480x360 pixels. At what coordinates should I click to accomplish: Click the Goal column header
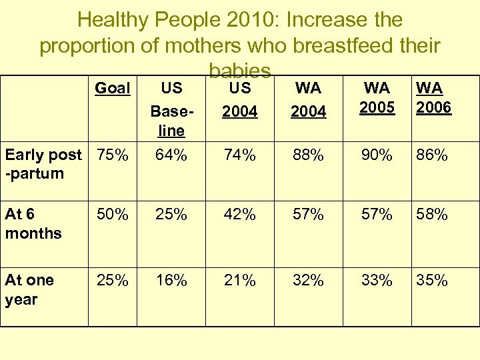113,88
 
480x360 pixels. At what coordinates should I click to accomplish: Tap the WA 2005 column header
377,98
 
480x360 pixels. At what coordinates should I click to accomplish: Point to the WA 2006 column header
433,98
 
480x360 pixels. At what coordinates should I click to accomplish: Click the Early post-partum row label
43,164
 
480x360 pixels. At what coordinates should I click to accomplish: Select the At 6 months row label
33,224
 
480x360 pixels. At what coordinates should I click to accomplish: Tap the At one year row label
30,290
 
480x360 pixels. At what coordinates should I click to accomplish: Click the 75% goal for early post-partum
113,155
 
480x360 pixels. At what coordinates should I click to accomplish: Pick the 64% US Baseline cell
171,155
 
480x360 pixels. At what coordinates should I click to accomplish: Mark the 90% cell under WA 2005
377,155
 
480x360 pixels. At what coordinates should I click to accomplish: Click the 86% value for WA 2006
432,155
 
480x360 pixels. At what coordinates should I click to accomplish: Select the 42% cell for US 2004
239,215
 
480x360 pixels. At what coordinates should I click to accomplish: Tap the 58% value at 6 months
432,215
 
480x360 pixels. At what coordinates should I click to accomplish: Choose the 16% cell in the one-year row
171,281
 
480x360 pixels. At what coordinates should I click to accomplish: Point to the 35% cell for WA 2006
432,281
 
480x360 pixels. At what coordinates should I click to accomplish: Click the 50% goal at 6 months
113,215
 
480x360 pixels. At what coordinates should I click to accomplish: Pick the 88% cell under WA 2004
308,155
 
